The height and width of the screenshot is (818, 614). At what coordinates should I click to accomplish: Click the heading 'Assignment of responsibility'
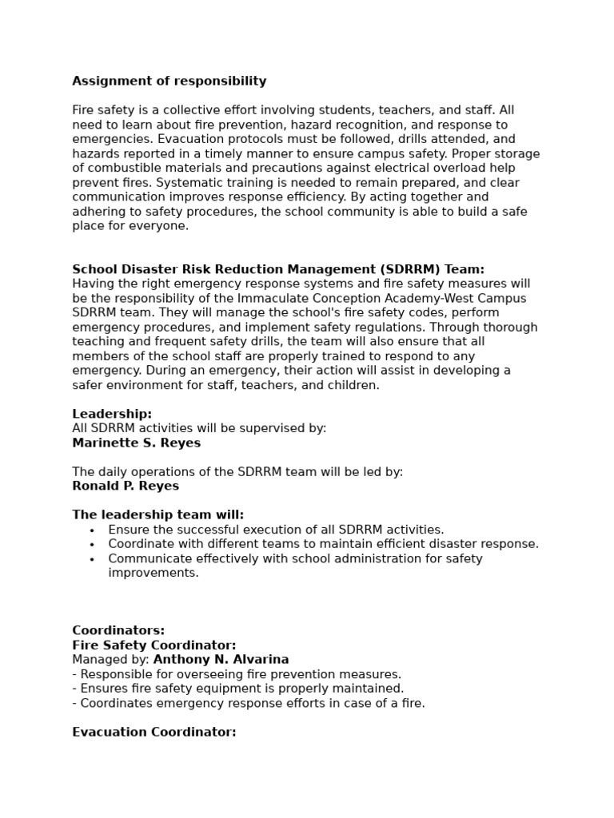(169, 81)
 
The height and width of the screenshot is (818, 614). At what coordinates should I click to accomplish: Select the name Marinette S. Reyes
(137, 443)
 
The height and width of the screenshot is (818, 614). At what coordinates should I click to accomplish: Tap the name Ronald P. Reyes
(126, 486)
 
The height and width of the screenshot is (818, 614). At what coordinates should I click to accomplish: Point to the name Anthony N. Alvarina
(221, 660)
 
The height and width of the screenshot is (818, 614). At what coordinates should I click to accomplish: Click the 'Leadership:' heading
(112, 414)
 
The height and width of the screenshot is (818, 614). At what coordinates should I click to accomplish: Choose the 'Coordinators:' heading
(118, 631)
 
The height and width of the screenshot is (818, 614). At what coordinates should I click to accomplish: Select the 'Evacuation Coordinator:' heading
(154, 732)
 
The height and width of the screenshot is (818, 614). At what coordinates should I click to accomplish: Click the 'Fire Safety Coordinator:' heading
(154, 645)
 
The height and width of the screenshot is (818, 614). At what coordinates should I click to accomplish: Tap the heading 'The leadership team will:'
(158, 515)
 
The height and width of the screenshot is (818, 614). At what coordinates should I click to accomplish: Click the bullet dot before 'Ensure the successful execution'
(92, 530)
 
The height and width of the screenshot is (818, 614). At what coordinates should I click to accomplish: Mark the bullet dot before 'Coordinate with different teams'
(92, 544)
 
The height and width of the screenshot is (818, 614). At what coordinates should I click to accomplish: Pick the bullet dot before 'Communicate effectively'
(92, 559)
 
